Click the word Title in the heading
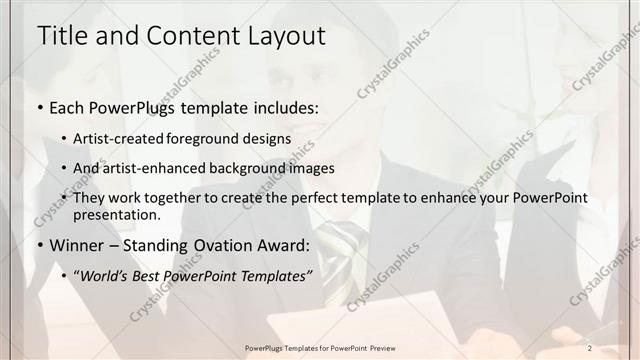60,36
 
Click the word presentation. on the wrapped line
117,214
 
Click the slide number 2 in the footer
590,348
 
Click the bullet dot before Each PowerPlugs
40,108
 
